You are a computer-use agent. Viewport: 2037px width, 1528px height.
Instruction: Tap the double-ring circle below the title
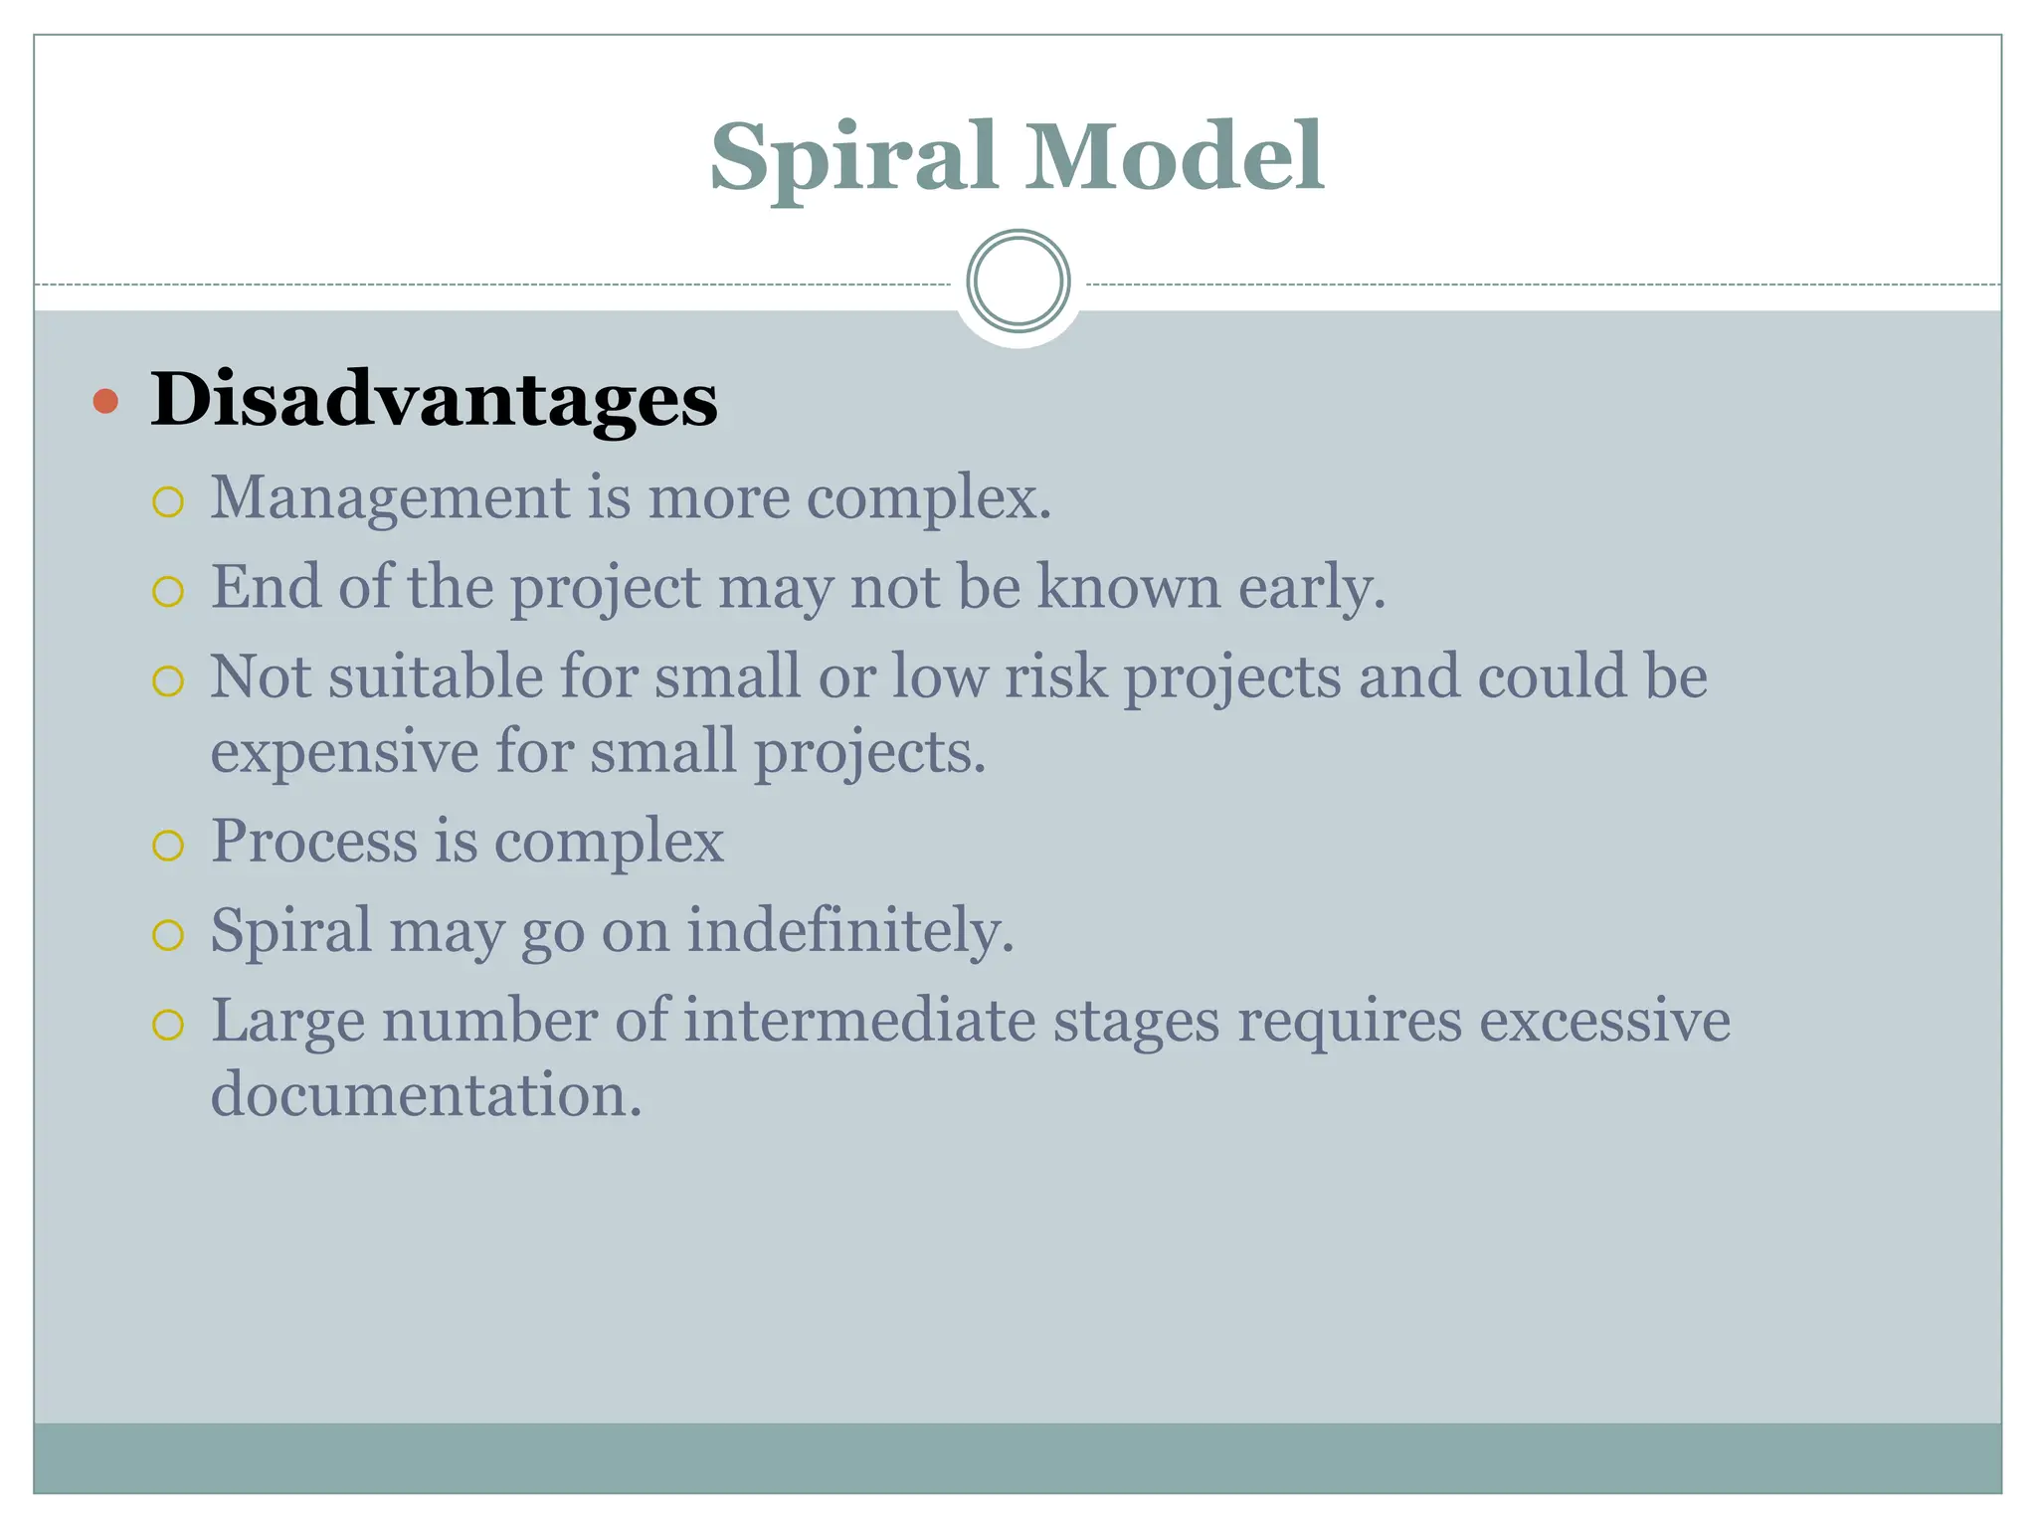point(1018,282)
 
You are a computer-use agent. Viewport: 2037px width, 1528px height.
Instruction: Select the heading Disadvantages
point(434,400)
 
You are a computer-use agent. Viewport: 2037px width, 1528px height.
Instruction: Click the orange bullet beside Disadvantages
point(105,402)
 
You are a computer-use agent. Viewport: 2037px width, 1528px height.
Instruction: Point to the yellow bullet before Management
point(168,502)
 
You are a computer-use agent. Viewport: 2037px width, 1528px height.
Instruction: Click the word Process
point(313,842)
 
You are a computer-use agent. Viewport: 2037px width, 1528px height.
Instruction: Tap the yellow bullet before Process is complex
point(168,847)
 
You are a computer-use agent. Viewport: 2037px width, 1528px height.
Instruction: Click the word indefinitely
point(849,930)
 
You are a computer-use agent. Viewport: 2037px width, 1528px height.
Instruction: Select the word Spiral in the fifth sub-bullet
point(290,932)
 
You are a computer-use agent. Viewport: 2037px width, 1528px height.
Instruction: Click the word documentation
point(426,1095)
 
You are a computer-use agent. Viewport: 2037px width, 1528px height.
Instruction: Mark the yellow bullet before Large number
point(168,1026)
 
